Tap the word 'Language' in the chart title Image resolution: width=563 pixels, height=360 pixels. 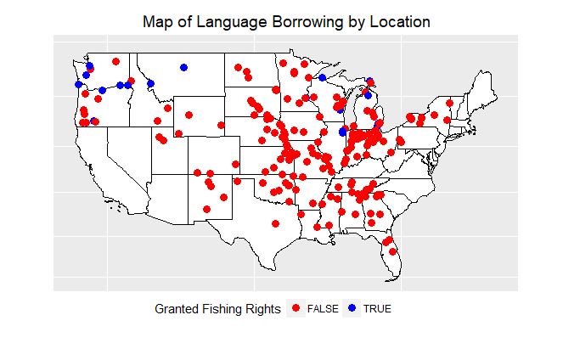(x=223, y=21)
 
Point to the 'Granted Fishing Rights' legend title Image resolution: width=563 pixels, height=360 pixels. (x=217, y=308)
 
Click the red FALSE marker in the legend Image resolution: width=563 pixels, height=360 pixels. (x=296, y=308)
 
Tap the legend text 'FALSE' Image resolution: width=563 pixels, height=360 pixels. (x=321, y=309)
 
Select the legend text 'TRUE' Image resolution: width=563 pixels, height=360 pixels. (x=377, y=309)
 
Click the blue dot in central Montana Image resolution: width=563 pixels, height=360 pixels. (x=183, y=67)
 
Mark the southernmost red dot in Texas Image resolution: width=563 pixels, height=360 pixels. (x=274, y=224)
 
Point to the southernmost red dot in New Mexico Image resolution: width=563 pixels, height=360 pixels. (x=206, y=209)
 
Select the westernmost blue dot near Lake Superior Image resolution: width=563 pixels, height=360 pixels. (x=323, y=78)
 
